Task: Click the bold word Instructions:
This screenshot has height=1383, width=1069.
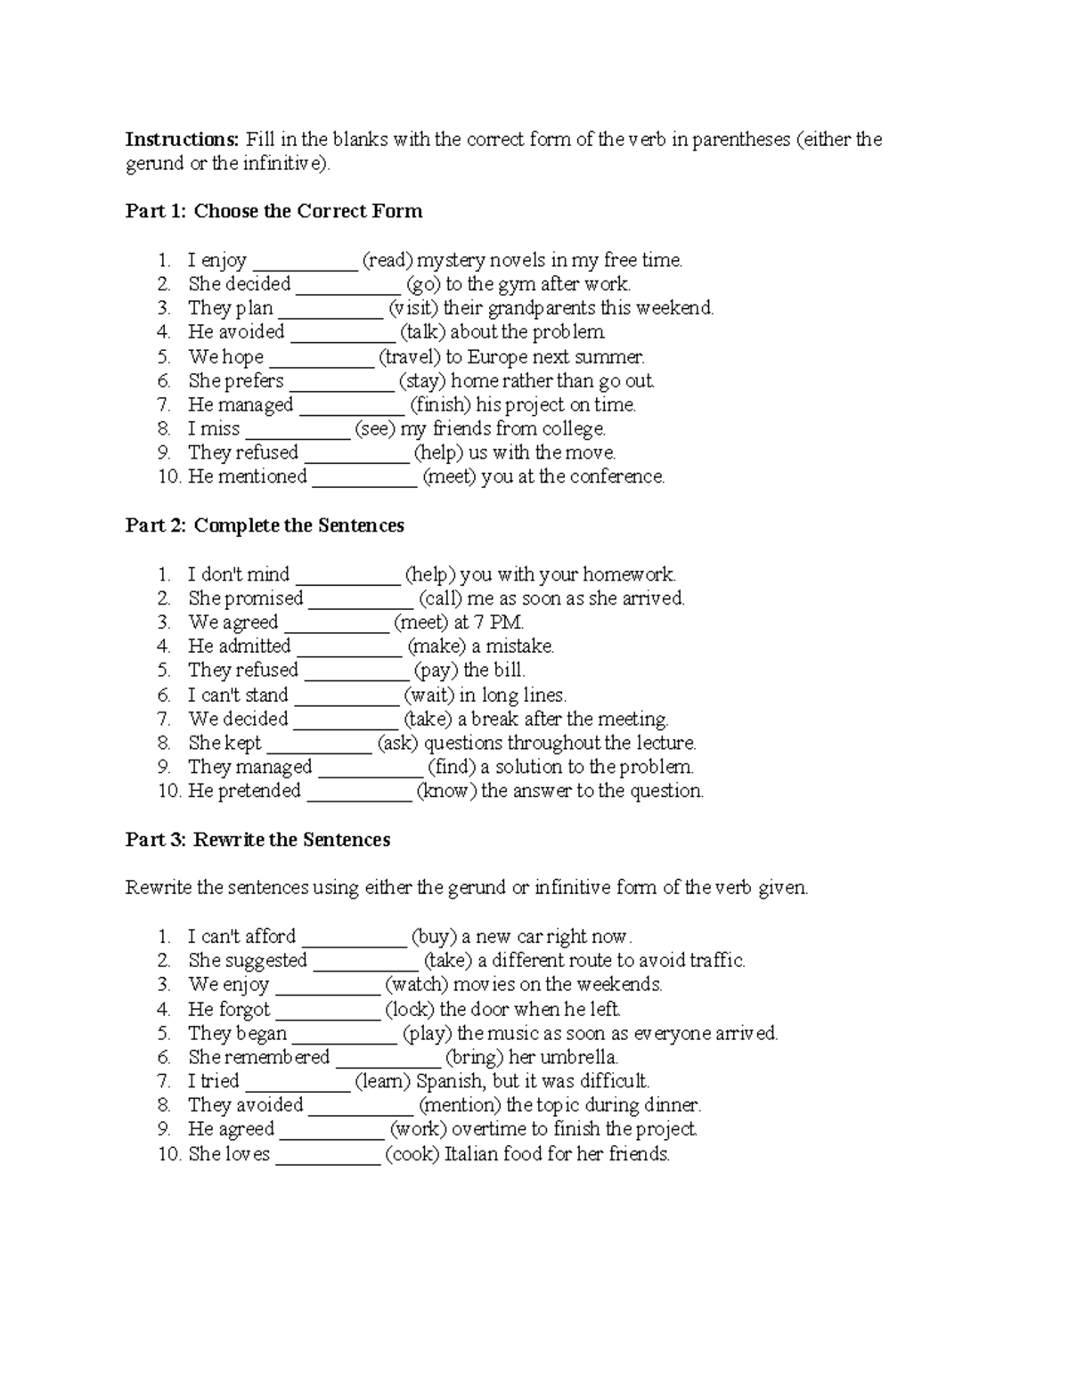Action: click(x=182, y=140)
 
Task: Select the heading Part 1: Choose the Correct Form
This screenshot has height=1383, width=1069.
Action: click(x=273, y=212)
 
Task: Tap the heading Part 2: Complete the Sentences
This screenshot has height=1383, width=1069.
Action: click(x=265, y=526)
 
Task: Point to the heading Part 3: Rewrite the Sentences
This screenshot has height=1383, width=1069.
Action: click(x=257, y=841)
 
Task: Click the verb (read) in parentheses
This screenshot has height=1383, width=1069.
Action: click(x=387, y=261)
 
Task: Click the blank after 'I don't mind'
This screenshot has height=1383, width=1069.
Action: click(x=347, y=575)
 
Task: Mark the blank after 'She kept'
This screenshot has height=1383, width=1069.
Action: click(x=319, y=744)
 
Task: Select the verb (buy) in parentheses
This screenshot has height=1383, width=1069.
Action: click(x=434, y=937)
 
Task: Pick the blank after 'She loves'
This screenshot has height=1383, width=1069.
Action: click(x=328, y=1155)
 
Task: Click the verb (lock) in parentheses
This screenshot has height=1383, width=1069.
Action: click(x=409, y=1010)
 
